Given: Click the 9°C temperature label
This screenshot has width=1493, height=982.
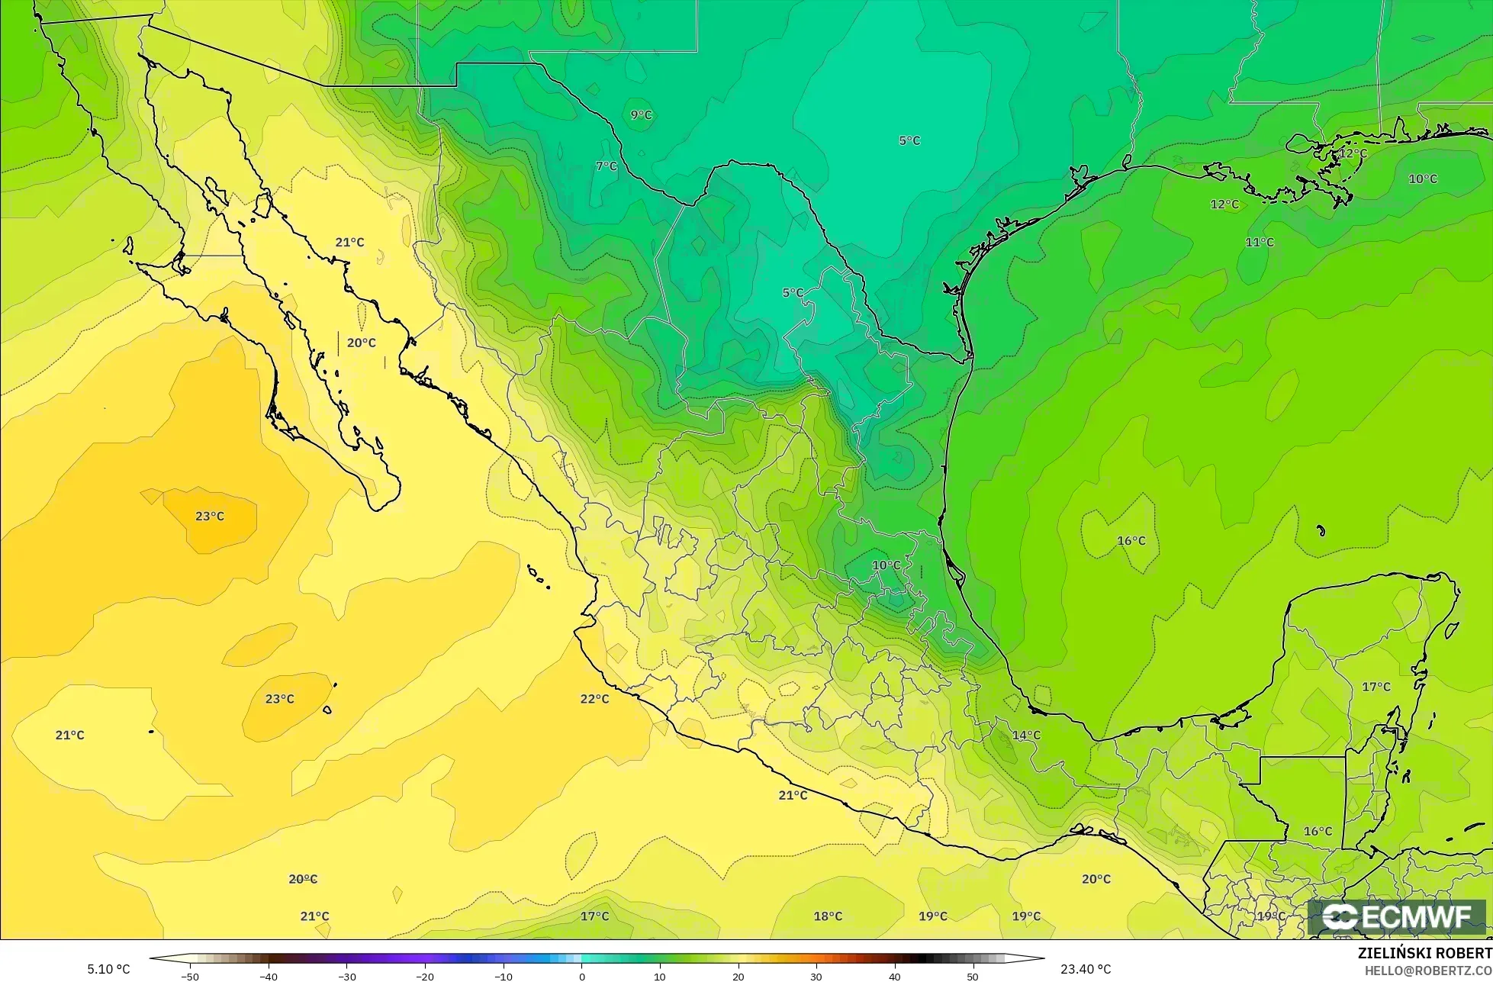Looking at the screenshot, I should [x=641, y=115].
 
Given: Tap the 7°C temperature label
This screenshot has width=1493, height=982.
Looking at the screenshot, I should [x=606, y=166].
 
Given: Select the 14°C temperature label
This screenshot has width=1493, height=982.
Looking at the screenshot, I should [x=1025, y=736].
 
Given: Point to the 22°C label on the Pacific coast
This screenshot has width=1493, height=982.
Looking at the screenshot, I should [x=594, y=699].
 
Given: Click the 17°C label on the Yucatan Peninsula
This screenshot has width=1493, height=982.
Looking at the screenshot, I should [x=1376, y=687].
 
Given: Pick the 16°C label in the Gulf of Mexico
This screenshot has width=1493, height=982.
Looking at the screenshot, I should [x=1131, y=541].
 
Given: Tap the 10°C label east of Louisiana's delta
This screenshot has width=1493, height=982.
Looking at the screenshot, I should [x=1422, y=179].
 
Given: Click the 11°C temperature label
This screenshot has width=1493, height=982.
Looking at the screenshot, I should [x=1259, y=242].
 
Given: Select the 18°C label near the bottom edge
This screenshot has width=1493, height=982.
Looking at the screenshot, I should [x=827, y=916].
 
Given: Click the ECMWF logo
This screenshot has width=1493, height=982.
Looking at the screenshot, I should [x=1398, y=917].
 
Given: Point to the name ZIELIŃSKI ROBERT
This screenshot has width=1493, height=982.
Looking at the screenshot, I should [x=1424, y=953].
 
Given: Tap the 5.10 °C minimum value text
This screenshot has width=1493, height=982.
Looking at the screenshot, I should [x=108, y=969].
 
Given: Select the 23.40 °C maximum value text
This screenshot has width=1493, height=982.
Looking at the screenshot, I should [x=1085, y=969].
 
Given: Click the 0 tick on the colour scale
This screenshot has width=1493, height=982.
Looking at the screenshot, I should [x=581, y=976].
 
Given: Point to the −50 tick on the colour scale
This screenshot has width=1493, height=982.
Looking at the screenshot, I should [x=189, y=976].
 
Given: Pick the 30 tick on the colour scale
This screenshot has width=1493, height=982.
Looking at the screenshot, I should [x=816, y=976].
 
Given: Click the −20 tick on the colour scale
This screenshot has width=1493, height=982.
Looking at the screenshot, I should [x=425, y=976].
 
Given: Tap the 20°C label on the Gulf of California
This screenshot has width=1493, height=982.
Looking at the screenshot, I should [x=361, y=343].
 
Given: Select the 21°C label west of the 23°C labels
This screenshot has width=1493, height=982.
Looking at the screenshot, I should [x=69, y=735].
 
